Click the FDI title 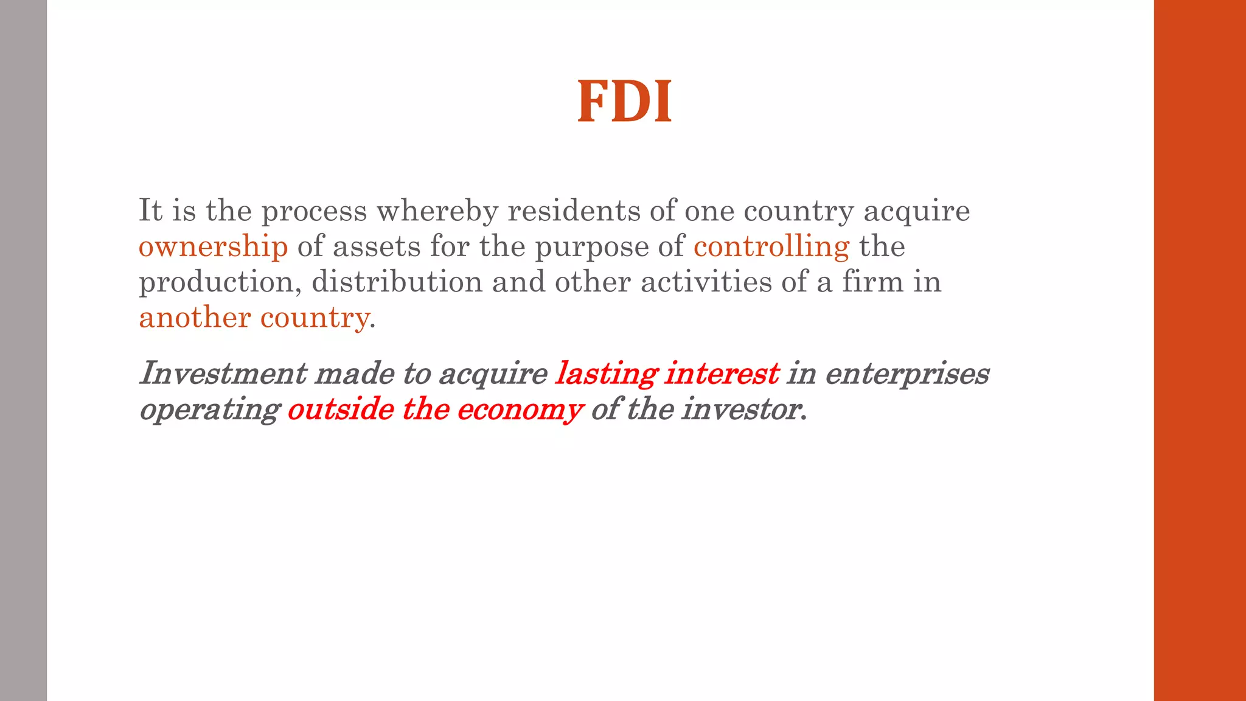(x=624, y=102)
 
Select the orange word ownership (x=213, y=246)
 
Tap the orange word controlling (x=771, y=246)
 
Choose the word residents (x=574, y=211)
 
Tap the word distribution (x=397, y=282)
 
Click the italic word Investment (x=223, y=373)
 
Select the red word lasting (x=605, y=374)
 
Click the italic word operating (x=209, y=410)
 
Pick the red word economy (x=520, y=410)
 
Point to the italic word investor (x=743, y=409)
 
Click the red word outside (x=340, y=409)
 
